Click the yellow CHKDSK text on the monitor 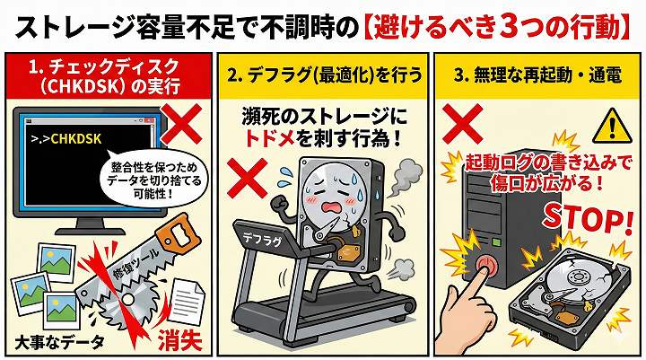pos(75,138)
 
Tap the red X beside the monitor pos(181,123)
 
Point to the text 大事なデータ pos(59,343)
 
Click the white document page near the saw pos(187,301)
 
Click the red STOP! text pos(587,222)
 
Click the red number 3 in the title pos(519,28)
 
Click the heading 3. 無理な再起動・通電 pos(537,76)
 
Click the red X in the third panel pos(462,123)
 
